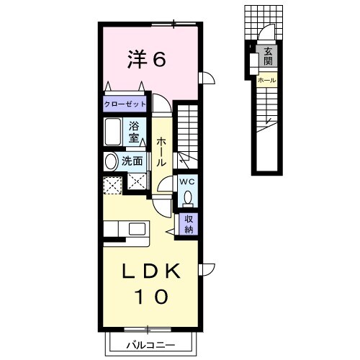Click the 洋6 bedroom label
[148, 59]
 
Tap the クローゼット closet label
[125, 104]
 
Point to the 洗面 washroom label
[132, 161]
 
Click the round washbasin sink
[112, 161]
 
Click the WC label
[187, 181]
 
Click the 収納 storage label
[189, 225]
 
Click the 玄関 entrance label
[267, 56]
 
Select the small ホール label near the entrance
[267, 80]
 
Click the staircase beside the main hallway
[190, 133]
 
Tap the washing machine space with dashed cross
[112, 184]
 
